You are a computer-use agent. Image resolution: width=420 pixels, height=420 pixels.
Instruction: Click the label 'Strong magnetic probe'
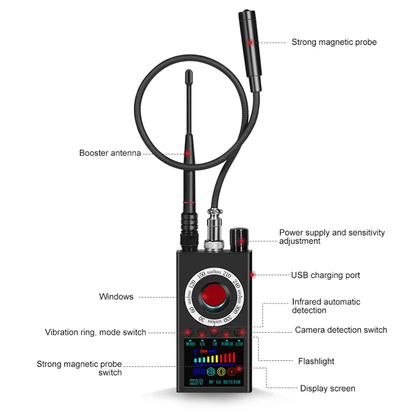[x=334, y=42]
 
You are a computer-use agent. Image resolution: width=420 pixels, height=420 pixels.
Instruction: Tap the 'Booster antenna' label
[x=110, y=153]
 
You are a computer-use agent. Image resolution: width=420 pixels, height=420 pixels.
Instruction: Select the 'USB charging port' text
[x=325, y=275]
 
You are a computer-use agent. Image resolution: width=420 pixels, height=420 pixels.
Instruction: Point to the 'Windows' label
[x=116, y=297]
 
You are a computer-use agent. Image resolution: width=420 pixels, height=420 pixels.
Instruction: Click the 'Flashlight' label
[x=316, y=361]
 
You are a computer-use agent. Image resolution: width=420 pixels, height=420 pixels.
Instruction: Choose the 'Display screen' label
[x=328, y=388]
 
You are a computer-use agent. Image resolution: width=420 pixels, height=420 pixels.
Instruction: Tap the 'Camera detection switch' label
[x=341, y=330]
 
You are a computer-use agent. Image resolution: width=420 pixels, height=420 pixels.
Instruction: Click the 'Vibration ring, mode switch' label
[x=96, y=332]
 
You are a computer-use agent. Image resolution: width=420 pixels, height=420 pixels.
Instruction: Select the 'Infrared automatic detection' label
[x=326, y=306]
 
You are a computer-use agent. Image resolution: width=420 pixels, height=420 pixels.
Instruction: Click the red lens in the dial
[x=214, y=295]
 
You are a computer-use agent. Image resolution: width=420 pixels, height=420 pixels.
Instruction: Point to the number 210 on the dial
[x=226, y=274]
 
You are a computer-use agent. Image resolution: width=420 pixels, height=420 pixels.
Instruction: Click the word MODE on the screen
[x=190, y=344]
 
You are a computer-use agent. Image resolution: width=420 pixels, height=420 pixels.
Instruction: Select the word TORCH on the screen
[x=226, y=344]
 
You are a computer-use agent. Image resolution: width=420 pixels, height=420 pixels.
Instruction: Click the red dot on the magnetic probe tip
[x=250, y=41]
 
